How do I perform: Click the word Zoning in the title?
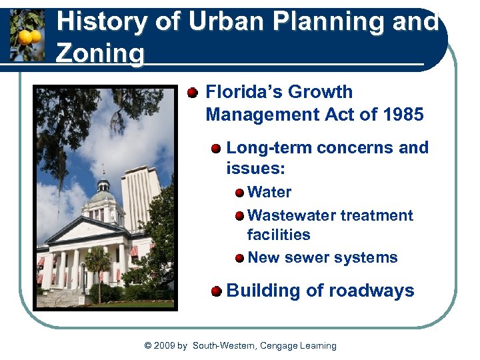(100, 53)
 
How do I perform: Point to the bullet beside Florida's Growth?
(193, 92)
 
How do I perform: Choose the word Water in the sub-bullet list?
(269, 193)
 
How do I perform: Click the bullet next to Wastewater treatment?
(239, 216)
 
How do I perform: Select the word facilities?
(279, 235)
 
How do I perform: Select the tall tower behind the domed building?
(141, 197)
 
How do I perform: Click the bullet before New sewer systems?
(239, 258)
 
